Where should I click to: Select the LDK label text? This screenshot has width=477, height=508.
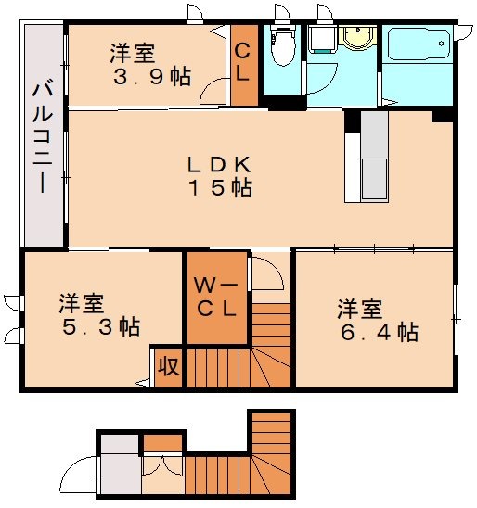[x=219, y=164]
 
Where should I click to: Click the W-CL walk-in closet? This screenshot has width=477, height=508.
[x=217, y=297]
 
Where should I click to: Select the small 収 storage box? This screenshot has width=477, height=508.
[x=168, y=365]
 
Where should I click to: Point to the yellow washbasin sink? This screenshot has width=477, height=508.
[x=356, y=39]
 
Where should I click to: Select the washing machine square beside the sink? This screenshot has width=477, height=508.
[x=324, y=40]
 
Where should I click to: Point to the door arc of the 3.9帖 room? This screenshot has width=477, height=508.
[x=215, y=91]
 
